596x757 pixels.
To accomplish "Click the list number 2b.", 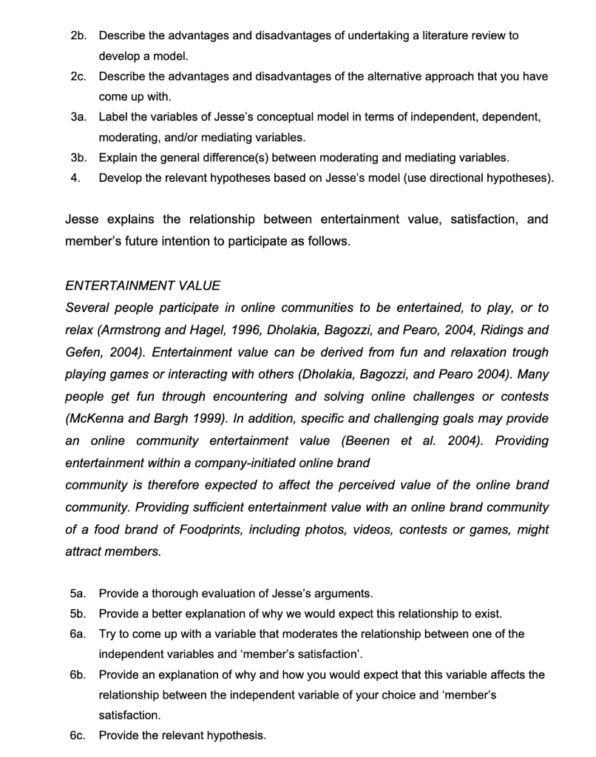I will pyautogui.click(x=78, y=35).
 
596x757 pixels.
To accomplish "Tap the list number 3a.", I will pyautogui.click(x=78, y=117).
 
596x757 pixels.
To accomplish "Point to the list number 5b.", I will pyautogui.click(x=78, y=613).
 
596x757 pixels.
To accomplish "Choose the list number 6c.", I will pyautogui.click(x=78, y=736).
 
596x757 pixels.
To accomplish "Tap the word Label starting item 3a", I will pyautogui.click(x=114, y=117).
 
